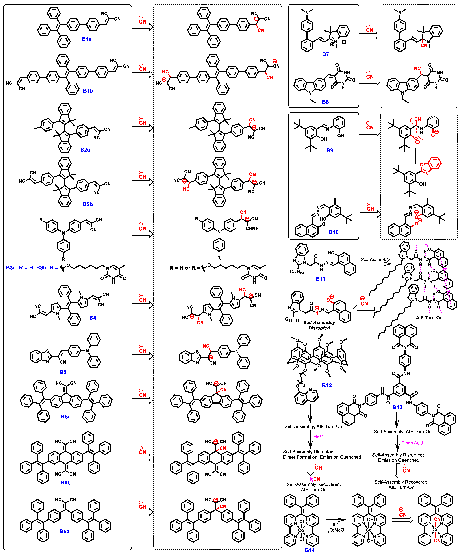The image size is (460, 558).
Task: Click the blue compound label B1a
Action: click(x=87, y=39)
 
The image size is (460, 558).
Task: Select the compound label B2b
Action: click(x=88, y=204)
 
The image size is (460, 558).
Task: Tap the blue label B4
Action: click(x=93, y=318)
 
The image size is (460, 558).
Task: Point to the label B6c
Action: click(x=64, y=532)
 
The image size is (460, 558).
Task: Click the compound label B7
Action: click(x=325, y=54)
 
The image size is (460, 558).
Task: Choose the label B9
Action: click(x=330, y=150)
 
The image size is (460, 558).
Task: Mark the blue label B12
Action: click(x=327, y=386)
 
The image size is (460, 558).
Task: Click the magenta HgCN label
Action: click(x=314, y=479)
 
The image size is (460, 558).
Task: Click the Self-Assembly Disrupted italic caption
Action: click(x=319, y=325)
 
